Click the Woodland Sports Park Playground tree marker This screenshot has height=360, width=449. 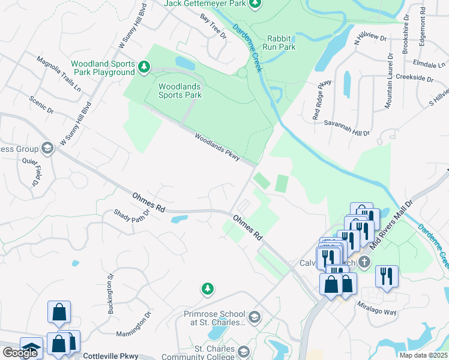pos(143,67)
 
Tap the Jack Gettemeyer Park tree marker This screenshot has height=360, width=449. pos(255,4)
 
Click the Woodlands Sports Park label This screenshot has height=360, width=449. pos(179,90)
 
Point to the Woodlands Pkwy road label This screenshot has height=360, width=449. pos(217,146)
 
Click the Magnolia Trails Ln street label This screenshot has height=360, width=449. pos(59,74)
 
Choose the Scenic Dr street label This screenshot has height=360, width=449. pos(41,107)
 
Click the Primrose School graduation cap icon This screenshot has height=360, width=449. pos(255,317)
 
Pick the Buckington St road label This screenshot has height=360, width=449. pos(111,293)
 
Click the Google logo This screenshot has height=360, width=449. pos(20,353)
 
